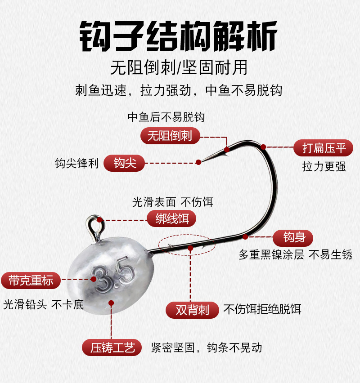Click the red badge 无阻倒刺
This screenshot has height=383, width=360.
click(170, 136)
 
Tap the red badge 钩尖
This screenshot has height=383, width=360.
click(124, 163)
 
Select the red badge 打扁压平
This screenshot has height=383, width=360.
click(323, 148)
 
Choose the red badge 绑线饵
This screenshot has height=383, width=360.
click(172, 218)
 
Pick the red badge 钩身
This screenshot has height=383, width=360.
click(293, 238)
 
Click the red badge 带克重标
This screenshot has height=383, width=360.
click(31, 281)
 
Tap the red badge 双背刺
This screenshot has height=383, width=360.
click(192, 310)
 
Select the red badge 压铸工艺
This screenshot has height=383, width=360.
click(112, 347)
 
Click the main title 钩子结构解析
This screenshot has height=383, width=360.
click(179, 36)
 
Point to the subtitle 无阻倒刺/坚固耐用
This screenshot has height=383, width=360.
click(179, 68)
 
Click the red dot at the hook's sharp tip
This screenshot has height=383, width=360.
click(198, 162)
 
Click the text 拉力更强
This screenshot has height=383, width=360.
click(324, 167)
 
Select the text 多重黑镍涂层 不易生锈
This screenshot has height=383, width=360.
click(296, 255)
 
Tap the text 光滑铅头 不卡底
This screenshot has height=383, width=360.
click(43, 305)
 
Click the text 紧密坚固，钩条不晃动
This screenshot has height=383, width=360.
click(207, 347)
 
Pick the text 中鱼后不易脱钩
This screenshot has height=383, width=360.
click(166, 117)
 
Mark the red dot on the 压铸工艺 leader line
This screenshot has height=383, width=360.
click(111, 303)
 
